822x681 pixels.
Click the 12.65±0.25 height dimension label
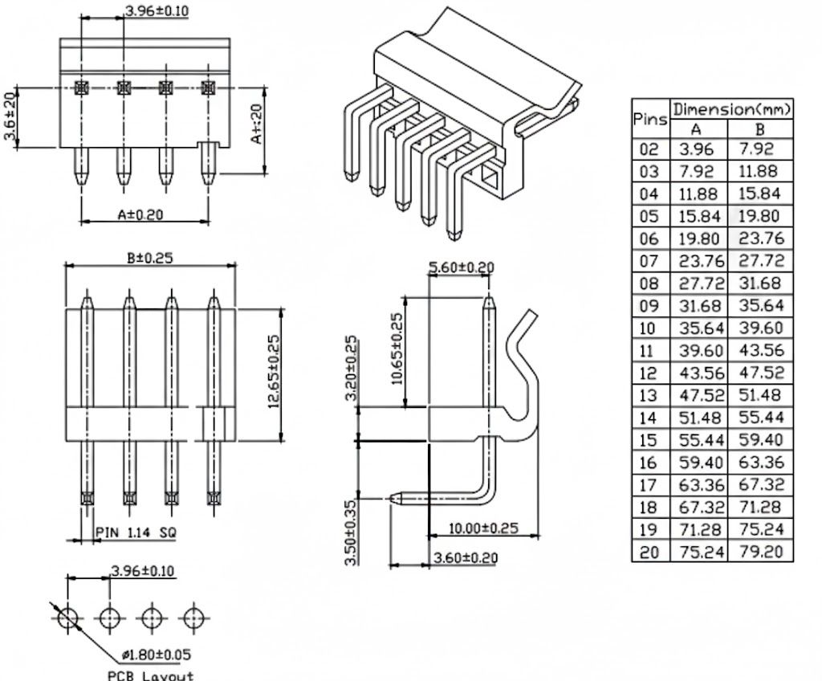click(274, 372)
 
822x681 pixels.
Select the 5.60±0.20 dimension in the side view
click(462, 267)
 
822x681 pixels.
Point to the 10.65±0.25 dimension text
click(397, 349)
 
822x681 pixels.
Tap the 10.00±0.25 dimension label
click(483, 528)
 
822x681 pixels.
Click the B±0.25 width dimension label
click(150, 258)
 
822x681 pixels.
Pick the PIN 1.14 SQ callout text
click(136, 532)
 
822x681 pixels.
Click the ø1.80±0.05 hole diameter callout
click(157, 654)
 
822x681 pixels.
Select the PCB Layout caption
click(151, 675)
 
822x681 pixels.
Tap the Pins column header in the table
click(650, 120)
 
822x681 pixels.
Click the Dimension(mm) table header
click(732, 109)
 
